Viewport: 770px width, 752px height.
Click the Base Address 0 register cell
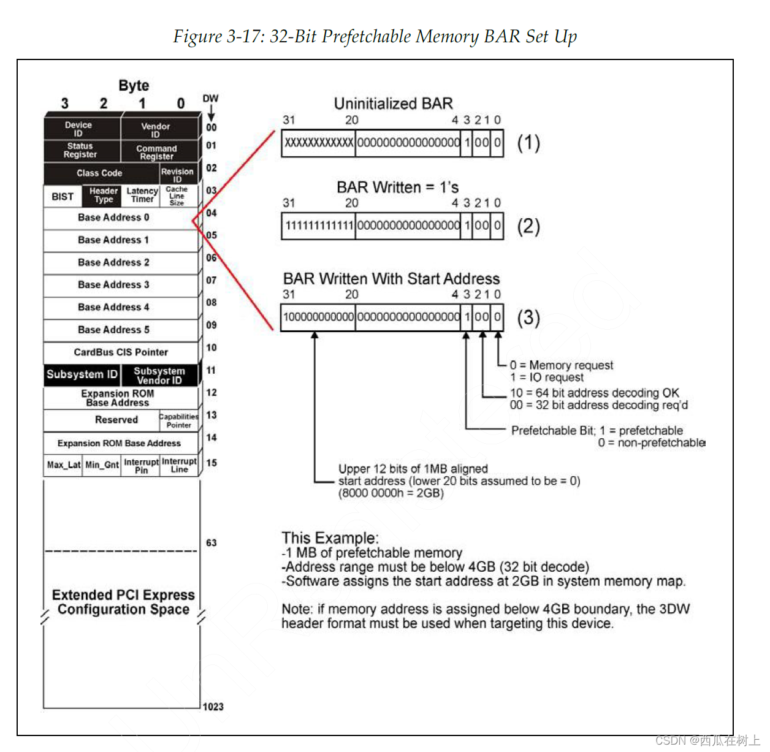[x=114, y=218]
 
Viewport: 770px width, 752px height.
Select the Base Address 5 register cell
[x=114, y=330]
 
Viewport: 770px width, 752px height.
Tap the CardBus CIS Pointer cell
[x=121, y=352]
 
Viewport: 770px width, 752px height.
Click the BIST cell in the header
[x=63, y=197]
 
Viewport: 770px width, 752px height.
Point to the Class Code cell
[x=99, y=173]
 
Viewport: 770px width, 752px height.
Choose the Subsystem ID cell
[x=82, y=374]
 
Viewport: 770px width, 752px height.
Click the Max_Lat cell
[x=63, y=465]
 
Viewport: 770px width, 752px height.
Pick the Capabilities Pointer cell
[x=179, y=420]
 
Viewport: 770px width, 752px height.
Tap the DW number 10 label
[x=212, y=348]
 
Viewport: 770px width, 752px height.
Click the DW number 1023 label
[x=213, y=707]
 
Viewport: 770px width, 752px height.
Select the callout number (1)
[x=528, y=143]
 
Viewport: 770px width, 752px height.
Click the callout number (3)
[x=528, y=317]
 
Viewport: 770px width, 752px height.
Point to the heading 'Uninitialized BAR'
[x=393, y=104]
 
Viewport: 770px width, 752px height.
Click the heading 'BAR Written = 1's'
[x=397, y=187]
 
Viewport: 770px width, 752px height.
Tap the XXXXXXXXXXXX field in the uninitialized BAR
[x=319, y=143]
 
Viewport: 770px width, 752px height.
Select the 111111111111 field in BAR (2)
[x=319, y=226]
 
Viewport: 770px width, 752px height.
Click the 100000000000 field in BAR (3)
[x=318, y=317]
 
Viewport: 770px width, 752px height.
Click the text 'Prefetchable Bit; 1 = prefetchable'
[x=597, y=430]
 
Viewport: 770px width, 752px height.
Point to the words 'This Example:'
[x=330, y=537]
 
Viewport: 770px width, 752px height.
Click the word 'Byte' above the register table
[x=134, y=85]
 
